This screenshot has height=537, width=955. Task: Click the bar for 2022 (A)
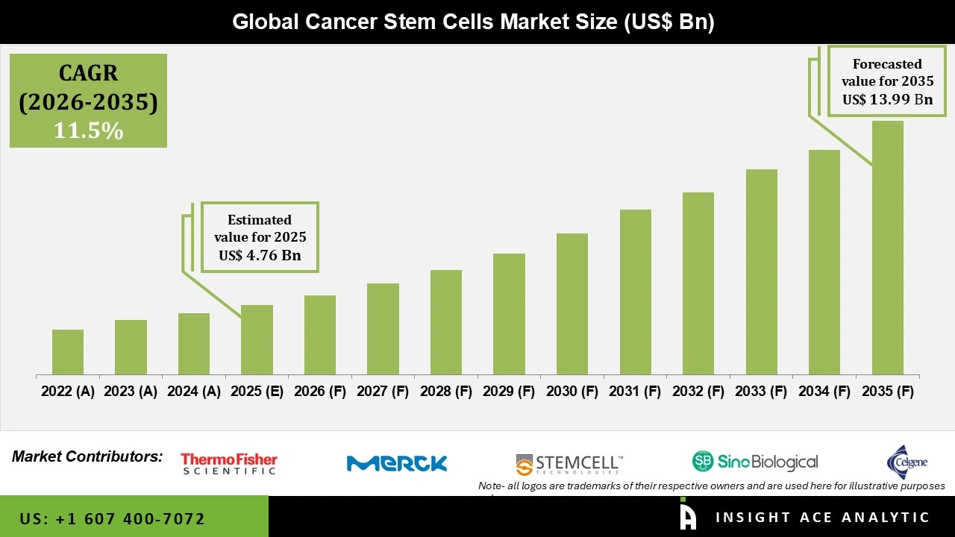68,352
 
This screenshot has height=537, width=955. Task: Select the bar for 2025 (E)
257,339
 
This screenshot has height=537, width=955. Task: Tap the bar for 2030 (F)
572,304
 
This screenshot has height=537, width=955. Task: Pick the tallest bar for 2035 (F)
887,248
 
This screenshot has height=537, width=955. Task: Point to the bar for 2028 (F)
446,322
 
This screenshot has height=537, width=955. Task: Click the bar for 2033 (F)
761,271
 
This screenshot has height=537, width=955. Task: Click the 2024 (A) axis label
194,392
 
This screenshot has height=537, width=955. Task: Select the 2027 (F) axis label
383,392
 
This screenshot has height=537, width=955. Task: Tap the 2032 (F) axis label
698,392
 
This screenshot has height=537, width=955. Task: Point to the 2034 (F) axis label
824,392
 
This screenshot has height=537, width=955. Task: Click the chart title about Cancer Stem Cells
473,22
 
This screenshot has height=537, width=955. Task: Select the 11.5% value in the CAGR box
88,131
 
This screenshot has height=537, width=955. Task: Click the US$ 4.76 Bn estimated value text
260,255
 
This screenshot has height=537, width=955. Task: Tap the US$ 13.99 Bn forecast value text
887,99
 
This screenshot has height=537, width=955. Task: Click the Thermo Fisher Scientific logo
229,464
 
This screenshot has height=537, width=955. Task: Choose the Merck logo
397,463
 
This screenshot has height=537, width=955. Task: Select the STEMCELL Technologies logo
569,464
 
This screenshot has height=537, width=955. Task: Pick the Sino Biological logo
755,462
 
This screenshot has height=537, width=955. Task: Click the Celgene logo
907,461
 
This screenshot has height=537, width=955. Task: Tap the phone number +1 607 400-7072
112,518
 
